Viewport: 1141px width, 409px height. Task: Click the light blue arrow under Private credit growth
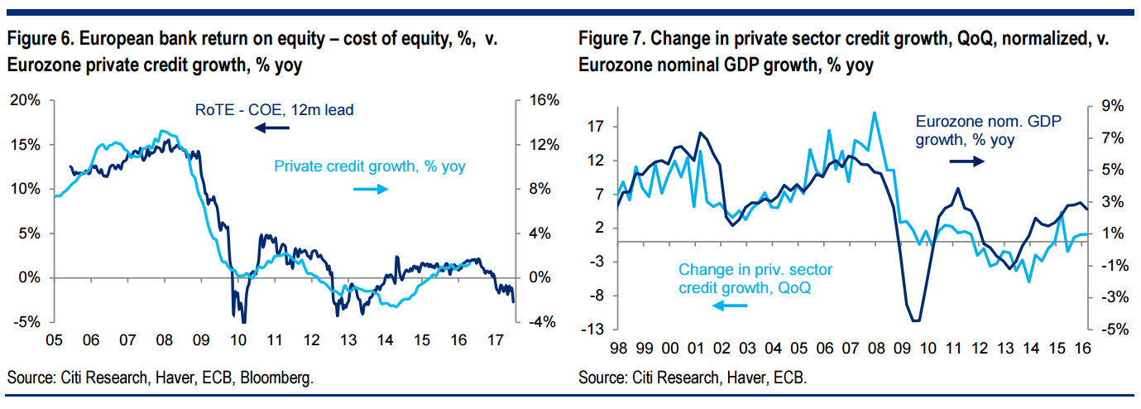[370, 190]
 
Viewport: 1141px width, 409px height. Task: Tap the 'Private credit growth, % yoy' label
[369, 166]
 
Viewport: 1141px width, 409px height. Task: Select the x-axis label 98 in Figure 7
[618, 349]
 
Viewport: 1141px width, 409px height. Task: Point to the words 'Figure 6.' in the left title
[40, 39]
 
